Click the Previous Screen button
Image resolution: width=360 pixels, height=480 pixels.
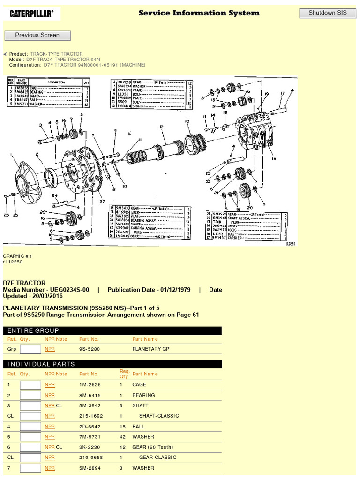coord(37,35)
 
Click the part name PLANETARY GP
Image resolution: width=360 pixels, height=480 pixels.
coord(150,349)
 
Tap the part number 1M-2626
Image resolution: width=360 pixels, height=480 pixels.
coord(89,385)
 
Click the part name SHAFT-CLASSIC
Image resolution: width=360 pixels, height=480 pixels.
coord(159,416)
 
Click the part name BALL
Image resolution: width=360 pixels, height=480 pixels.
coord(138,427)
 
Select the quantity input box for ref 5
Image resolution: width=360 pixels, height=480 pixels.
coord(30,437)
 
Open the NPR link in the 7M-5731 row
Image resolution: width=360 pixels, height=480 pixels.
coord(50,437)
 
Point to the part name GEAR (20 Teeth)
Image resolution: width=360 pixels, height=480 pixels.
coord(152,447)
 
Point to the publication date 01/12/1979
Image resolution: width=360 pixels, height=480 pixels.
coord(174,290)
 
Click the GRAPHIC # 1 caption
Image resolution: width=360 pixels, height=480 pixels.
coord(17,256)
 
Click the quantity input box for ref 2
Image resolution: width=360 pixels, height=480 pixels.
coord(30,395)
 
